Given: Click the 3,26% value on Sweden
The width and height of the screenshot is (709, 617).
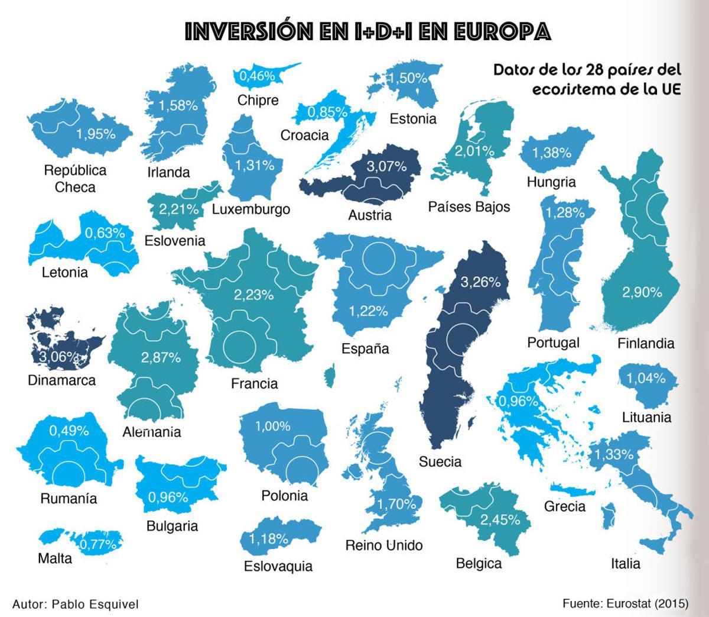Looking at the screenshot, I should pyautogui.click(x=480, y=282).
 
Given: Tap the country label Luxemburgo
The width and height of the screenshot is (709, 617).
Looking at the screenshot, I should pyautogui.click(x=251, y=209).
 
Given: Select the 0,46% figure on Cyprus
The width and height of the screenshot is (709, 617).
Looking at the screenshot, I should pyautogui.click(x=258, y=76).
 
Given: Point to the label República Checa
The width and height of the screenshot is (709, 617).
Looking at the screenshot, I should pyautogui.click(x=75, y=179).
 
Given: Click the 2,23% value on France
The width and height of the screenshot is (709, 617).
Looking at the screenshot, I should pyautogui.click(x=253, y=294).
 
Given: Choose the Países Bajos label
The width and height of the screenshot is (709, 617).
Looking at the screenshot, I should pyautogui.click(x=469, y=206).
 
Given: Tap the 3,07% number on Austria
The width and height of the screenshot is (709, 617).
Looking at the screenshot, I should pyautogui.click(x=386, y=166).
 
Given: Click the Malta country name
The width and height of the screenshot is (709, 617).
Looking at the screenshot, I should pyautogui.click(x=55, y=558).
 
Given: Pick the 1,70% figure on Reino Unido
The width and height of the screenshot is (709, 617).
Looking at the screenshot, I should pyautogui.click(x=396, y=503).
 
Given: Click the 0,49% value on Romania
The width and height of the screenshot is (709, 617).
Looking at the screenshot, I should pyautogui.click(x=69, y=431).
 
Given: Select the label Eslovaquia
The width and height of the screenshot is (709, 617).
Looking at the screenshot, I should pyautogui.click(x=278, y=566).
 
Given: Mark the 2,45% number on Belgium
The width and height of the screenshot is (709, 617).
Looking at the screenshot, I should pyautogui.click(x=500, y=519).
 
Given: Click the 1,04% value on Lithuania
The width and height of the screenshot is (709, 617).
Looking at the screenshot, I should pyautogui.click(x=646, y=378).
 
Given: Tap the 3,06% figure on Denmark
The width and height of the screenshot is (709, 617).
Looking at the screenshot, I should pyautogui.click(x=59, y=357).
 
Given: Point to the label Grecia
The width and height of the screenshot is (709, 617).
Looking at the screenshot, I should pyautogui.click(x=565, y=506).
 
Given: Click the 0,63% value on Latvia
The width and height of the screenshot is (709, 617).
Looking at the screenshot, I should pyautogui.click(x=105, y=233).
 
